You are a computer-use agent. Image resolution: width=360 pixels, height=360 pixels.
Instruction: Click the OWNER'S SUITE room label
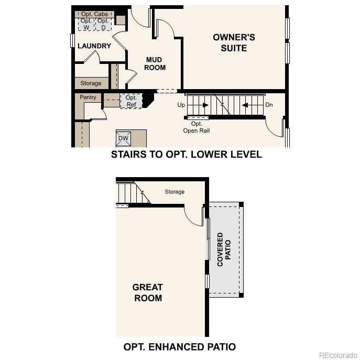(234, 43)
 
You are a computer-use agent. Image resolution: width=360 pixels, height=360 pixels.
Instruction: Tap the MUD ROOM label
(155, 64)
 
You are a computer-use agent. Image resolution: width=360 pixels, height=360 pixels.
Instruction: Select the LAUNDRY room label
(94, 46)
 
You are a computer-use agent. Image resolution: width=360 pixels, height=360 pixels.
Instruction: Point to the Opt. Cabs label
(94, 14)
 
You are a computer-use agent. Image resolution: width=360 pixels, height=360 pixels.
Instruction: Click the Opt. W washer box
(86, 24)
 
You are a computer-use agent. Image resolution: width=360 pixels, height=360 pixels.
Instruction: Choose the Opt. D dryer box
(103, 24)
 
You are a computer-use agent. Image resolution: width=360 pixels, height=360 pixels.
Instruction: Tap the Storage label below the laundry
(91, 83)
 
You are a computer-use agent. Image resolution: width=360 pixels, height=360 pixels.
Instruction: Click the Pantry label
(88, 97)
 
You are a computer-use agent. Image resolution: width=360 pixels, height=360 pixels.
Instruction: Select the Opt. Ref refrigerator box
(131, 101)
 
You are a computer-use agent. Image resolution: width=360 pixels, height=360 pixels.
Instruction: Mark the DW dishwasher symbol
(124, 138)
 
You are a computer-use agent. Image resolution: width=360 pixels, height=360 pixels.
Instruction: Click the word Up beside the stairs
(181, 105)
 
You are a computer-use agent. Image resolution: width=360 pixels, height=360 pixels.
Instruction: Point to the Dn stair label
(269, 105)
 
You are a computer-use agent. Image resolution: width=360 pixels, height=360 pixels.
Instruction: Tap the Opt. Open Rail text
(197, 127)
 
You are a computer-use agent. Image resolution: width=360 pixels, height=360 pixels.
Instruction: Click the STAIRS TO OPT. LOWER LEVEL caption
(187, 155)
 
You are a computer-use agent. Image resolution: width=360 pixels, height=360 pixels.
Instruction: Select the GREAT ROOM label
(147, 292)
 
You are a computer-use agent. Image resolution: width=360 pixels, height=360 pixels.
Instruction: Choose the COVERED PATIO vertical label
(224, 249)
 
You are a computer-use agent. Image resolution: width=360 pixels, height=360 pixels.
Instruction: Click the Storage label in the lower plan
(174, 192)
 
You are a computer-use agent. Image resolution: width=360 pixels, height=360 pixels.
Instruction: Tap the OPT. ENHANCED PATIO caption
(180, 346)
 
